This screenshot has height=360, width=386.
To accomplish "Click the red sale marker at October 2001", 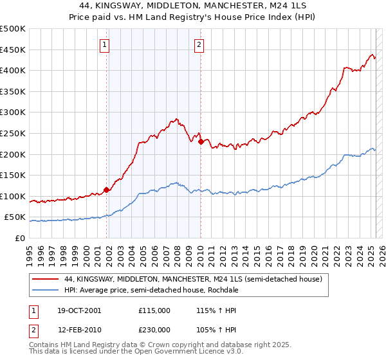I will click(106, 190).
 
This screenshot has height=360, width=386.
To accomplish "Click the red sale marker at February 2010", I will click(201, 141).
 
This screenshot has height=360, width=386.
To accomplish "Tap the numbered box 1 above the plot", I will click(105, 44).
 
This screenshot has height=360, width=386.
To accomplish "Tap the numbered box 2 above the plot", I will click(199, 44).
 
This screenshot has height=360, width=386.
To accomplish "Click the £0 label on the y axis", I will click(20, 238).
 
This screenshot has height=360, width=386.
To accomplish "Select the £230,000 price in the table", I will click(154, 329).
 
